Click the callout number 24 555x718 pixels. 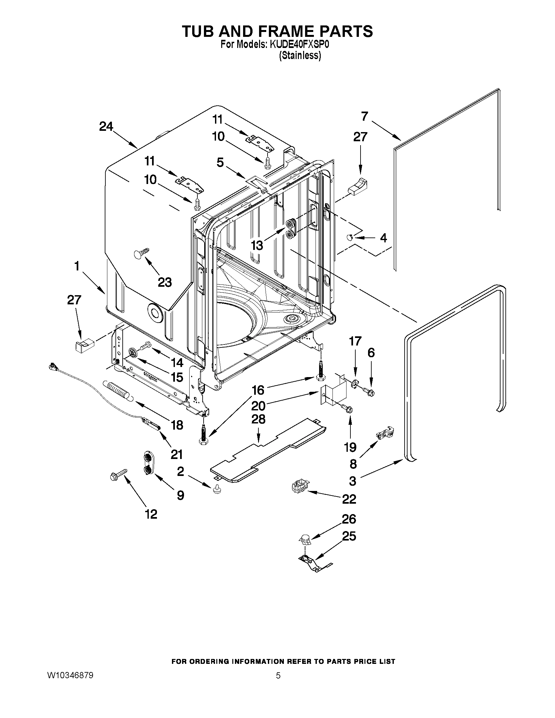point(106,127)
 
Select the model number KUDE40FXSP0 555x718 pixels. point(299,45)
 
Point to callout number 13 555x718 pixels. point(257,245)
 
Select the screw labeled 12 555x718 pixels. point(118,475)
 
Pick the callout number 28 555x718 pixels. point(258,420)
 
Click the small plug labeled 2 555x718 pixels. point(217,490)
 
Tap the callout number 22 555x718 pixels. point(349,499)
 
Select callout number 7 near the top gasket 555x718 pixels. point(364,116)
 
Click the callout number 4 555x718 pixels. point(383,238)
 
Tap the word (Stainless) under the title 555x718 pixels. point(300,55)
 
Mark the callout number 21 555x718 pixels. point(177,454)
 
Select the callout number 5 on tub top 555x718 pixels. point(220,162)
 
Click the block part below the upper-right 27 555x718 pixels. point(357,187)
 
